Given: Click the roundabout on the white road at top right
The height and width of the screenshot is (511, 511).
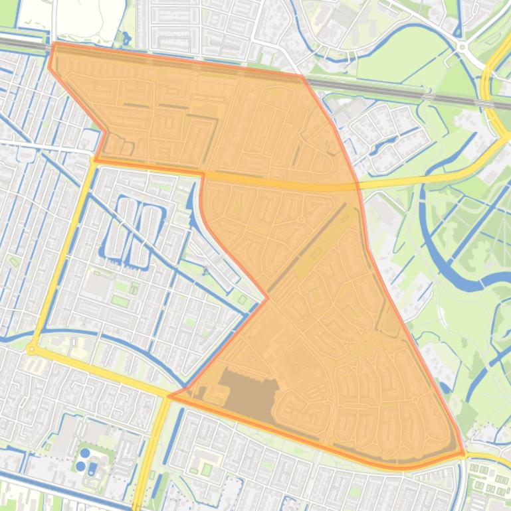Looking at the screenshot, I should [461, 47].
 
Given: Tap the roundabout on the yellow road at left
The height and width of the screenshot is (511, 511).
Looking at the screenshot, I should [31, 348].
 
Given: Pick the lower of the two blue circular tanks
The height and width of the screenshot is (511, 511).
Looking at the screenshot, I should [80, 466].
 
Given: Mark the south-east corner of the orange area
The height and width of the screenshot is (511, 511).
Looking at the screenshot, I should [462, 455].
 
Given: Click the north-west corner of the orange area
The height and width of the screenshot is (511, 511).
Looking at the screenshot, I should [53, 44].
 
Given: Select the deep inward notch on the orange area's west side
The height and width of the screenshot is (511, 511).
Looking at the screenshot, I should [267, 299].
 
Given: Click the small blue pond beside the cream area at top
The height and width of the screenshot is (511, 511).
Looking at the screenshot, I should [124, 38].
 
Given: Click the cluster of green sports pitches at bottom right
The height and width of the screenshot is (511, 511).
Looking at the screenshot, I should [488, 481].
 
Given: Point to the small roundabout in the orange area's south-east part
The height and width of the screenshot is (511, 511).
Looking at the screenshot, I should [415, 400].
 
